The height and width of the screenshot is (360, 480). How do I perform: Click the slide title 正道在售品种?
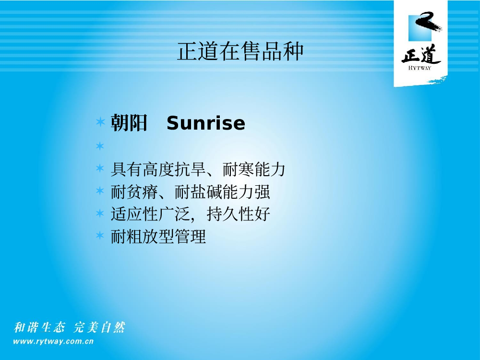pyautogui.click(x=240, y=51)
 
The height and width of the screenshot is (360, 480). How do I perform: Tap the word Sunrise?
pyautogui.click(x=206, y=123)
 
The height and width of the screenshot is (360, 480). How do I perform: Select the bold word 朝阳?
pyautogui.click(x=129, y=123)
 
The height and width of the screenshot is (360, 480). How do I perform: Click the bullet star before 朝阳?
pyautogui.click(x=100, y=122)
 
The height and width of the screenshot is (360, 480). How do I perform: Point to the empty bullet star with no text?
pyautogui.click(x=100, y=146)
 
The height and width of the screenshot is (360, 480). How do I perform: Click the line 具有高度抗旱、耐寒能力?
pyautogui.click(x=198, y=169)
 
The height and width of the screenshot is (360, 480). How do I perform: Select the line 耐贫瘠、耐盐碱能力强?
pyautogui.click(x=190, y=192)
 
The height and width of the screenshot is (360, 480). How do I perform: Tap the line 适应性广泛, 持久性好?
pyautogui.click(x=190, y=214)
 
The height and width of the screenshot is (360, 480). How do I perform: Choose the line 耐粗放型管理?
pyautogui.click(x=158, y=236)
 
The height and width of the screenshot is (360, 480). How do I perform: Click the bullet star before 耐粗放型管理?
pyautogui.click(x=100, y=235)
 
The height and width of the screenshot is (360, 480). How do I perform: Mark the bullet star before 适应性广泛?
pyautogui.click(x=100, y=213)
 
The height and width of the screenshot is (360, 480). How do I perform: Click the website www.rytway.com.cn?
pyautogui.click(x=53, y=341)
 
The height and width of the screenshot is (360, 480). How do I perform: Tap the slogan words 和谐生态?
pyautogui.click(x=39, y=327)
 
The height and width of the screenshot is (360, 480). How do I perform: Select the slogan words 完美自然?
pyautogui.click(x=99, y=327)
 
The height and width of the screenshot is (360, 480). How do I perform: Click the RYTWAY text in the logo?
pyautogui.click(x=420, y=68)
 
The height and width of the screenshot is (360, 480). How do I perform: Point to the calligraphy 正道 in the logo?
pyautogui.click(x=421, y=54)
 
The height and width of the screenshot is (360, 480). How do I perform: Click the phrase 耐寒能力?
pyautogui.click(x=254, y=169)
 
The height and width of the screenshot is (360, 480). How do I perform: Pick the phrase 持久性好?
pyautogui.click(x=239, y=214)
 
